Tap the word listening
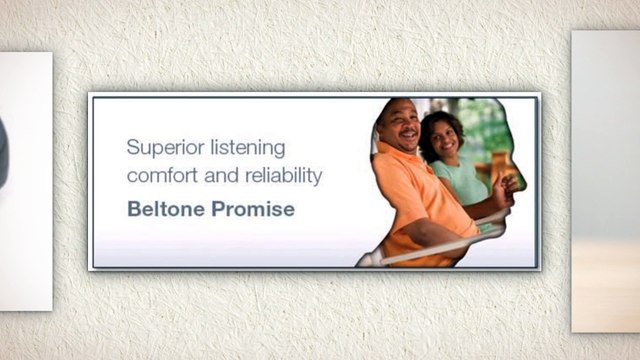tap(249, 148)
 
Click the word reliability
tap(284, 177)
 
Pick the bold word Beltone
tap(166, 210)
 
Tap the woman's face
tap(445, 139)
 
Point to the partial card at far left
tap(25, 180)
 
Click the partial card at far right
tap(605, 180)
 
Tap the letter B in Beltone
tap(133, 210)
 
